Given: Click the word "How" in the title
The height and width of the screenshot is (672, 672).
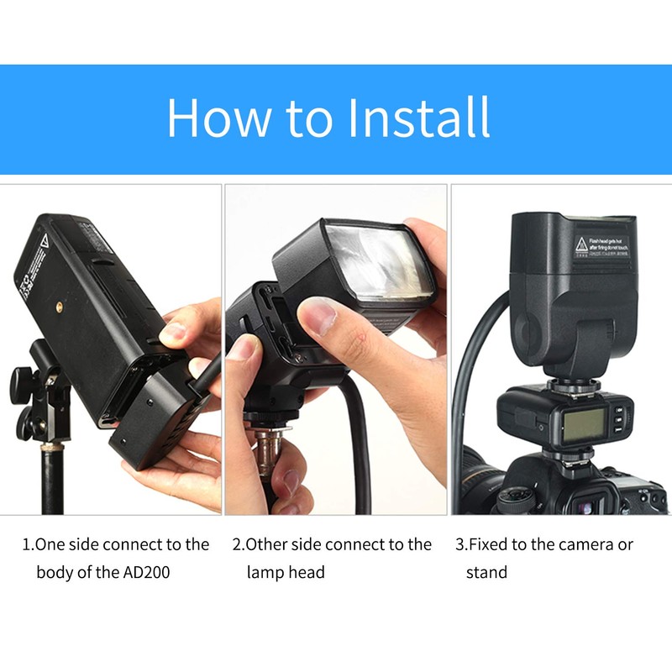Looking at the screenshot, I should pos(219,118).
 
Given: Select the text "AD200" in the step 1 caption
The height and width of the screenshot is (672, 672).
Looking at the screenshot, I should pos(157,573).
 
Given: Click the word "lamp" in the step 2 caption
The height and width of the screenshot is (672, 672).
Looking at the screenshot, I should pos(266,573).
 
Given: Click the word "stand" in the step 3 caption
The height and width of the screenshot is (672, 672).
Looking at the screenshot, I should pos(487,573).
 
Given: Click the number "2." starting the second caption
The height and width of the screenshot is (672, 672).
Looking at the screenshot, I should pos(238,544).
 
